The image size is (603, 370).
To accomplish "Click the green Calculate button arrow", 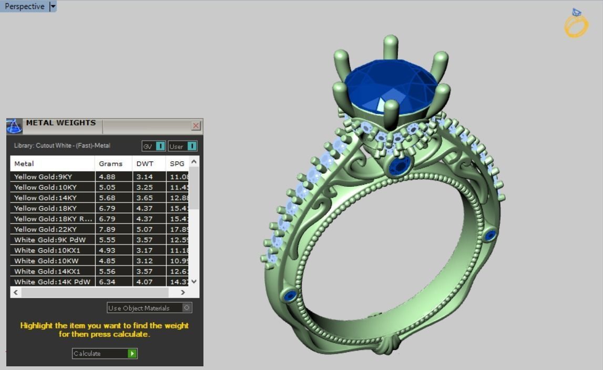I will (x=132, y=354).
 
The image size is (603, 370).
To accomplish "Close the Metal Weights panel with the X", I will (x=196, y=125).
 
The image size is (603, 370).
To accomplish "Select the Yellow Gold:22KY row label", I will (x=45, y=229).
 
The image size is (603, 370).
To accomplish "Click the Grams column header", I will (x=111, y=164).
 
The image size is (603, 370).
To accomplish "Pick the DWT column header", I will (x=145, y=164).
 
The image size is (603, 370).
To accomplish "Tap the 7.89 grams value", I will (x=107, y=229).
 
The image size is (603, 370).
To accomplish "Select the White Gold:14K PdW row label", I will (x=52, y=282).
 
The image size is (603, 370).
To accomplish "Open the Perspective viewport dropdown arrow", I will (x=52, y=6).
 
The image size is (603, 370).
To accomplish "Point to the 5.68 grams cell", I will (x=107, y=198).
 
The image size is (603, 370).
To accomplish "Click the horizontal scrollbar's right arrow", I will (x=182, y=292).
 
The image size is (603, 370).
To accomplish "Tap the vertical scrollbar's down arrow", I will (x=194, y=281).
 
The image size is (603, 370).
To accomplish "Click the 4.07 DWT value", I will (x=145, y=282).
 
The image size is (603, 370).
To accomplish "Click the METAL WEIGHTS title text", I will (x=61, y=123).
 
